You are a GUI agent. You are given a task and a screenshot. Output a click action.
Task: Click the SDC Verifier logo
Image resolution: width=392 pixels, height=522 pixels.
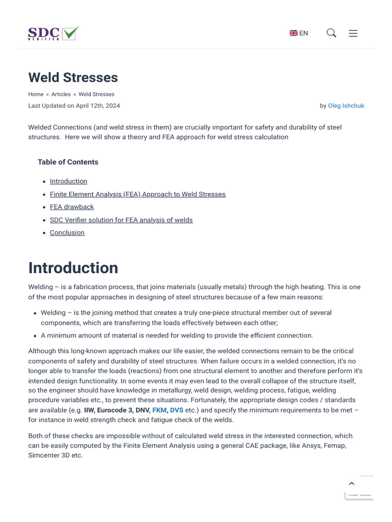coord(53,34)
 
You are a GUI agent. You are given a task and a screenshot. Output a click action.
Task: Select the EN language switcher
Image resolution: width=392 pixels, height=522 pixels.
coord(299,33)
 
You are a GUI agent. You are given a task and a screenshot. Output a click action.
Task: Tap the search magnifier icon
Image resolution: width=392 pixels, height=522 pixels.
coord(331,33)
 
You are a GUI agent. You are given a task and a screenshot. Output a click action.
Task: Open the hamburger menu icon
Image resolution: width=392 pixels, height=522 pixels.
coord(353,33)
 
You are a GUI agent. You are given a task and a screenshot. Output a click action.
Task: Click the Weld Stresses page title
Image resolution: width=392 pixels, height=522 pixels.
coord(73,77)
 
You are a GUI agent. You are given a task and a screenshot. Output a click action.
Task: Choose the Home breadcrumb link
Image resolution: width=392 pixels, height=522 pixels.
coord(36,94)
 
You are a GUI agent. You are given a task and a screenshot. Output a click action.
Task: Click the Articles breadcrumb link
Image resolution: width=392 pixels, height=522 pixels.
coord(61,94)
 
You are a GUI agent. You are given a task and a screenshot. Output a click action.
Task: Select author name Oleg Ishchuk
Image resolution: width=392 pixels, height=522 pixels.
coord(346,106)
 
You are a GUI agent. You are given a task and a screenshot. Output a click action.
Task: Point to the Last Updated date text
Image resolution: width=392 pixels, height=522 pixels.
coord(74,106)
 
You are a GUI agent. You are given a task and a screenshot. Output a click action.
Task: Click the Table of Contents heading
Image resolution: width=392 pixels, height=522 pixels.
coord(68,162)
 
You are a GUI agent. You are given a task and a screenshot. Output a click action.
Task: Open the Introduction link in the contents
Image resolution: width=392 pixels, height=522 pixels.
coord(68,181)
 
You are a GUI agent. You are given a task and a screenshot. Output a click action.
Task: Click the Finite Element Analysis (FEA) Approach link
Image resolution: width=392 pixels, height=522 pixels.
coord(137,194)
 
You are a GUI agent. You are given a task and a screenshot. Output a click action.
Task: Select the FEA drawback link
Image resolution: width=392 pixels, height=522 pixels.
coord(71,207)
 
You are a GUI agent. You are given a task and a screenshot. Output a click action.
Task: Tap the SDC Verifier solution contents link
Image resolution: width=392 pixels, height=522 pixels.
coord(121,220)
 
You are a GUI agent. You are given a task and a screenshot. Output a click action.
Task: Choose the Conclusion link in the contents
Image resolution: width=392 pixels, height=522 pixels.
coord(67,232)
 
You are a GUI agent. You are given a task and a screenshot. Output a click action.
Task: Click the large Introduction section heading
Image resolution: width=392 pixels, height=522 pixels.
coord(73,268)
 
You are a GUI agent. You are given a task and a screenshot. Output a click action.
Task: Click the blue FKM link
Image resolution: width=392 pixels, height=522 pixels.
coord(159,410)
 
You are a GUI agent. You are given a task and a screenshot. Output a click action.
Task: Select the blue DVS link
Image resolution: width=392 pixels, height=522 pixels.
coord(177,410)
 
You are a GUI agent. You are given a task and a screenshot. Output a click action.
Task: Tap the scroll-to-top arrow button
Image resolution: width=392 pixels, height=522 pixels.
coord(351,483)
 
